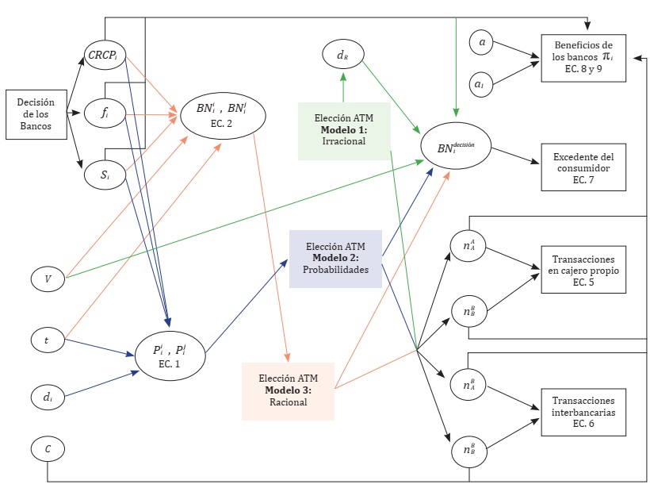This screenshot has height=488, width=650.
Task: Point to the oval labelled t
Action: (x=47, y=340)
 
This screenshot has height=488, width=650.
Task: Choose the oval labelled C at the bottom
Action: (x=48, y=448)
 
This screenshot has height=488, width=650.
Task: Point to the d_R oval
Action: (x=342, y=55)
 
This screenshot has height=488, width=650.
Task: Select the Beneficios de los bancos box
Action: (x=582, y=57)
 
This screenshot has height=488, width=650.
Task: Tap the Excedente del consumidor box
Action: (x=582, y=167)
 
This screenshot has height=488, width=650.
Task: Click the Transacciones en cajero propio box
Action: (x=582, y=271)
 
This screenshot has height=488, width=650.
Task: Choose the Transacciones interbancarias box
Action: (x=582, y=412)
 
